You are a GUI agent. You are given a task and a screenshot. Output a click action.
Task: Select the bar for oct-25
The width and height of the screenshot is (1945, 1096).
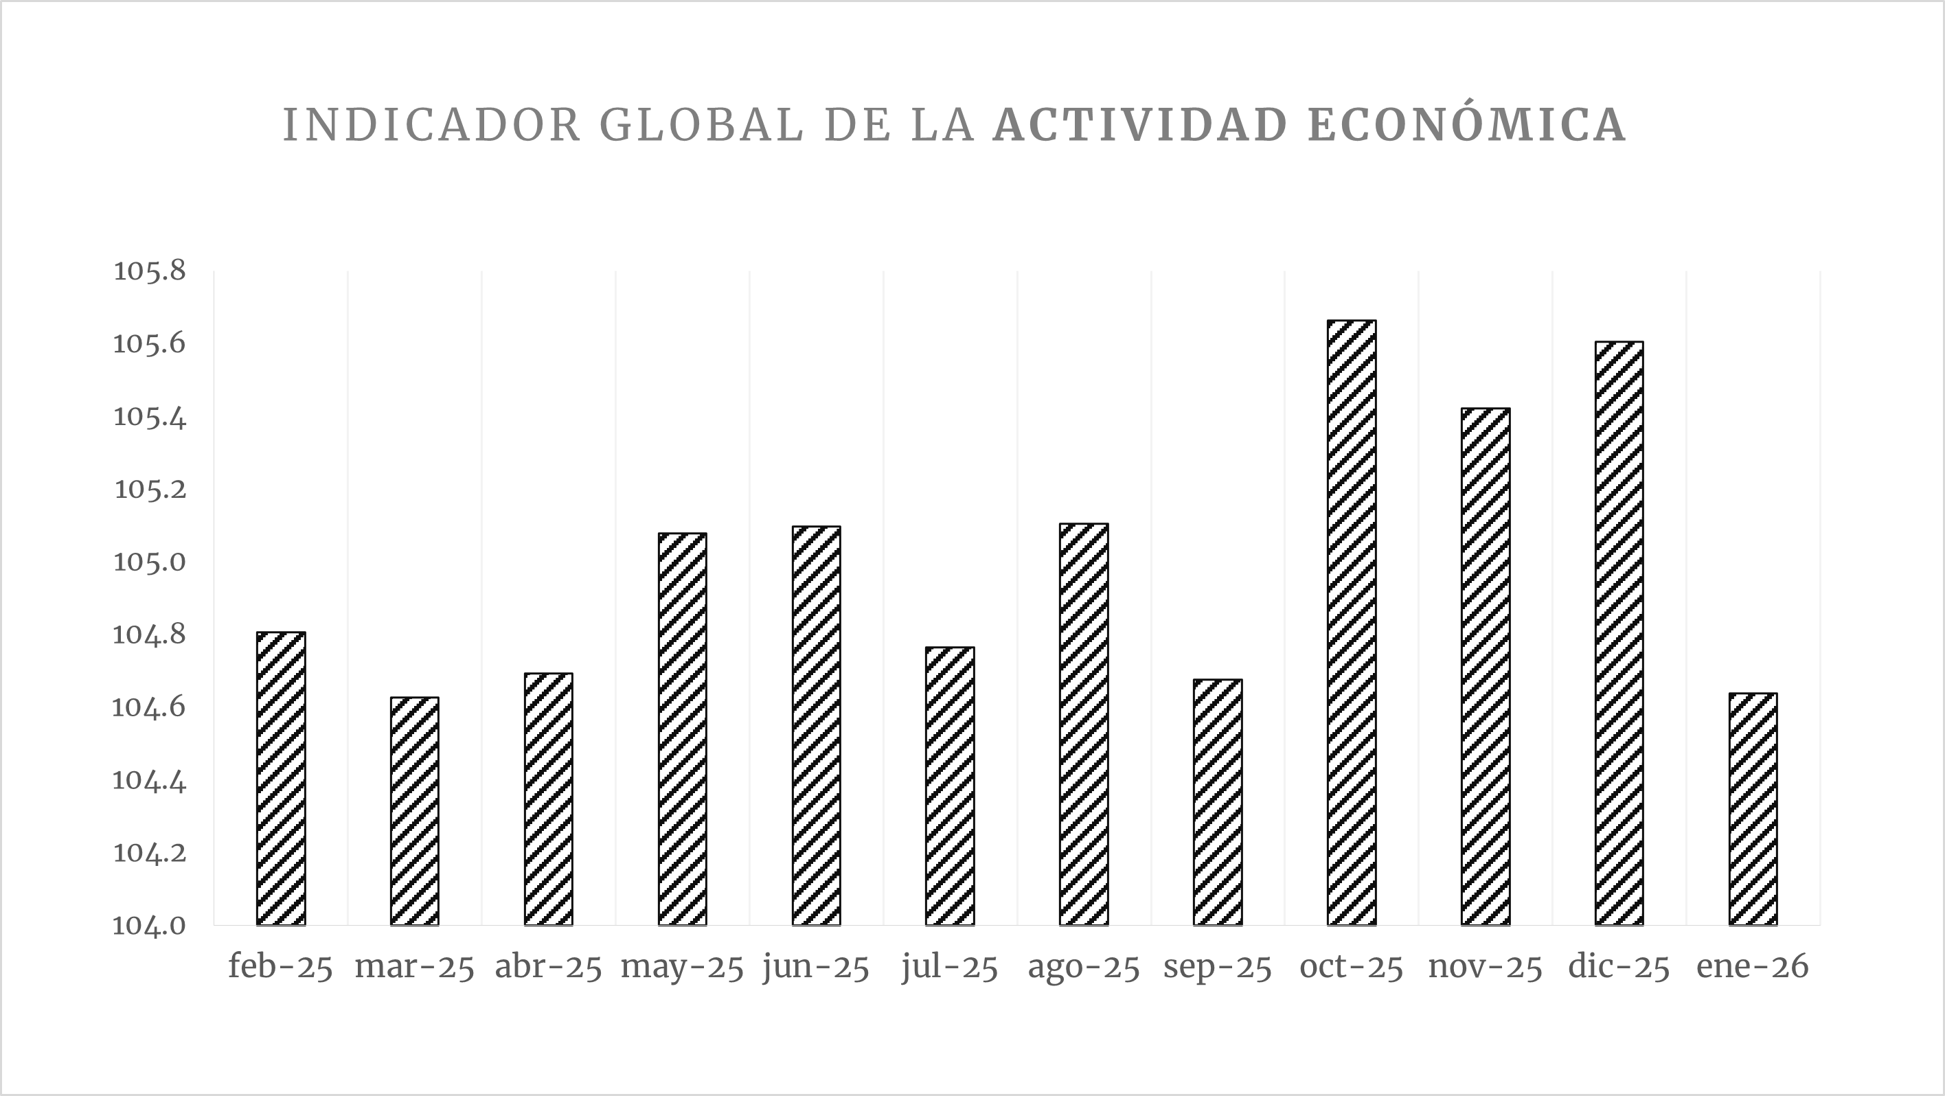point(1352,623)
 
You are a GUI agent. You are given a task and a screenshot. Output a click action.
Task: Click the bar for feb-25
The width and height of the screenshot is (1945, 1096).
point(281,778)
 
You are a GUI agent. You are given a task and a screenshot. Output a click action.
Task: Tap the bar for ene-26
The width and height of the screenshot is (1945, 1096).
point(1753,809)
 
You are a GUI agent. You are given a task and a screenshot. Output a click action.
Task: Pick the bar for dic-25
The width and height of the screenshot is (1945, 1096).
point(1619,633)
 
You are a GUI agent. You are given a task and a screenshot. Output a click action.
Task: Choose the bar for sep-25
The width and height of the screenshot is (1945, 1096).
point(1217,802)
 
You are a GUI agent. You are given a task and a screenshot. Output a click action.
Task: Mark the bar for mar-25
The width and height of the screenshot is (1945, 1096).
point(415,812)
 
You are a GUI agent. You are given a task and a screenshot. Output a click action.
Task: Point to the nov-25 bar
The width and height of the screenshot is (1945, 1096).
point(1485,667)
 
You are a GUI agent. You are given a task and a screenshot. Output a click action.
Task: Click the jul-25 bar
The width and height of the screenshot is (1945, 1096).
point(950,786)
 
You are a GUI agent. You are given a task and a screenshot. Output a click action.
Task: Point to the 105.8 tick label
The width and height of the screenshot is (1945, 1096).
point(150,271)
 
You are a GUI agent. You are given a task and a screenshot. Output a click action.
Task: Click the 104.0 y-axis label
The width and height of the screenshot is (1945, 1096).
point(150,926)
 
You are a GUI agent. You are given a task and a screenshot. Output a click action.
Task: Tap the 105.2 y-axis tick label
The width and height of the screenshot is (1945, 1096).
point(150,490)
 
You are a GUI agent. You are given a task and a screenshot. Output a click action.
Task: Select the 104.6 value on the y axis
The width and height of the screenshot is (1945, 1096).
point(150,708)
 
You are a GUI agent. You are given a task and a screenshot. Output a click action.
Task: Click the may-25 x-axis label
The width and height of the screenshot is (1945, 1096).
point(682,968)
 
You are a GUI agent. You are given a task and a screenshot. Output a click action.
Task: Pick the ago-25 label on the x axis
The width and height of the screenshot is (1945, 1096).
point(1084,968)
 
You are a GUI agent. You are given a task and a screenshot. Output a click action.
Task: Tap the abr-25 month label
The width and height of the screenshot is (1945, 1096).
point(548,968)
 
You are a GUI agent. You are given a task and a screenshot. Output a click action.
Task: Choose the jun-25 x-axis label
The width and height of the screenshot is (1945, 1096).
point(816,968)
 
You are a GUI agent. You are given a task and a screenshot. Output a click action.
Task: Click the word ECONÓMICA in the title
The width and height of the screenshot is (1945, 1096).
point(1466,124)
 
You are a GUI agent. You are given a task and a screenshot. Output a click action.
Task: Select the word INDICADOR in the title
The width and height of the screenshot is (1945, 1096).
point(431,124)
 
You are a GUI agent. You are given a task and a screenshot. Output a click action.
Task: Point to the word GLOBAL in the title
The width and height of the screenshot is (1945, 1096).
point(701,124)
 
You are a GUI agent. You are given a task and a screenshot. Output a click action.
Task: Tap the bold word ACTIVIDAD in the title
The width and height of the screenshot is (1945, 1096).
point(1140,124)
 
